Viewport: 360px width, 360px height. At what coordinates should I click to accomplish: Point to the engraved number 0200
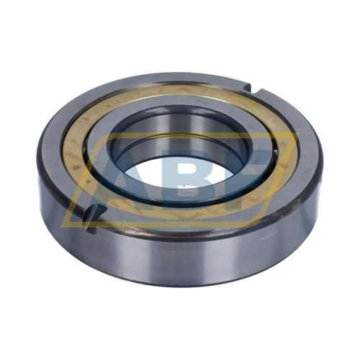pos(202,103)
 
